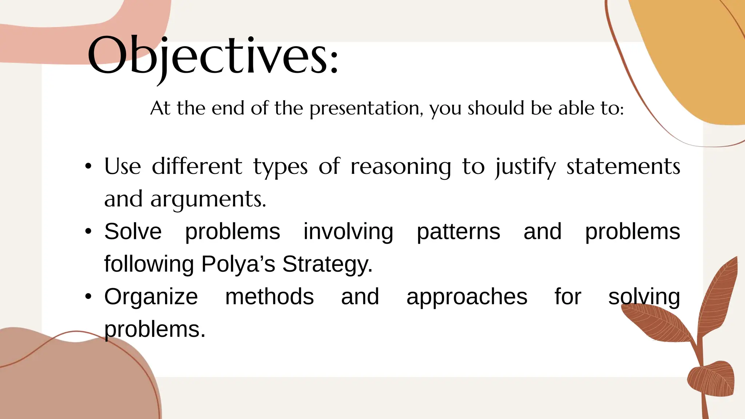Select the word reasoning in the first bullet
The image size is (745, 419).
[401, 167]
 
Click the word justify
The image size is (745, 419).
[526, 167]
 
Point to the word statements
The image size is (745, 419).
[623, 167]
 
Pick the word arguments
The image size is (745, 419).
[208, 200]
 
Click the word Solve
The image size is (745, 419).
[133, 232]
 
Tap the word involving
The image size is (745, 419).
[348, 232]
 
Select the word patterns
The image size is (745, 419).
[458, 232]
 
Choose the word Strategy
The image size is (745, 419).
[327, 264]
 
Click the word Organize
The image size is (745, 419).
[151, 297]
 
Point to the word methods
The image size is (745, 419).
[269, 296]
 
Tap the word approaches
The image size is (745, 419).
[467, 297]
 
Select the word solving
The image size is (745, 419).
[644, 297]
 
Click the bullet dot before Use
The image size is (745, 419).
[88, 167]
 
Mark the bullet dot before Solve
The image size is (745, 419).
[88, 232]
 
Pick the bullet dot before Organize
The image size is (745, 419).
[88, 297]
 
